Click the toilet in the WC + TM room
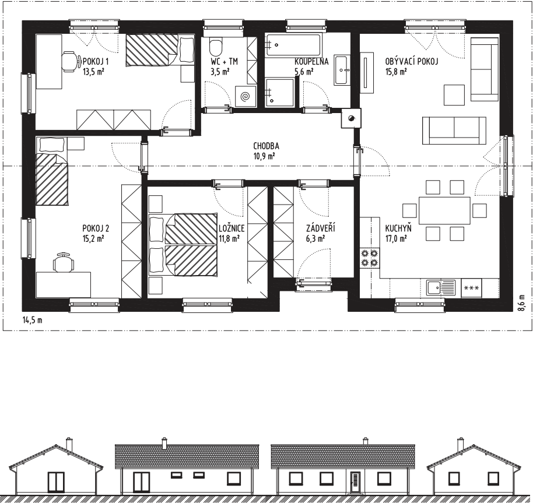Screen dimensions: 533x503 coord(216,48)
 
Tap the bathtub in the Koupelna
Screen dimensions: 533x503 coord(293,45)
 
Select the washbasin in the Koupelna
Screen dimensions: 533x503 coord(342,69)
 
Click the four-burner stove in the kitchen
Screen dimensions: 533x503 coord(370,257)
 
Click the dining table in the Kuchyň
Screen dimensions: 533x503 coord(444,210)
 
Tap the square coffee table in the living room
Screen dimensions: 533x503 coord(454,95)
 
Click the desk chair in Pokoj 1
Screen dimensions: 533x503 coord(69,61)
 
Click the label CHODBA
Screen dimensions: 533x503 coord(266,146)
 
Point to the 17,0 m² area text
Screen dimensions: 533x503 coord(396,238)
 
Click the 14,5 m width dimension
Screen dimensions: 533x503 coord(32,320)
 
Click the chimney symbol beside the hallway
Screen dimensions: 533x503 coord(351,118)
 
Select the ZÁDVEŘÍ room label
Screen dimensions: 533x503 coord(321,228)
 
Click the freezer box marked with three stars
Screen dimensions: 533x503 coord(471,288)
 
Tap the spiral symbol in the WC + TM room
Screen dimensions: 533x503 coord(245,97)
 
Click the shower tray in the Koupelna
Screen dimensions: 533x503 coord(280,93)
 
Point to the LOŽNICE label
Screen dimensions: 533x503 coord(232,228)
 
